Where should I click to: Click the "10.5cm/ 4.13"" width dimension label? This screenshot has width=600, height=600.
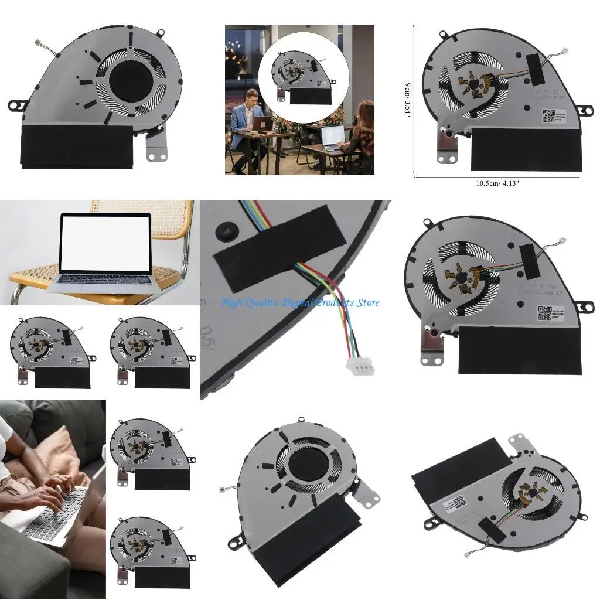click(497, 183)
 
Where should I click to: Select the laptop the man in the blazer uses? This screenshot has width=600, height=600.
click(262, 124)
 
